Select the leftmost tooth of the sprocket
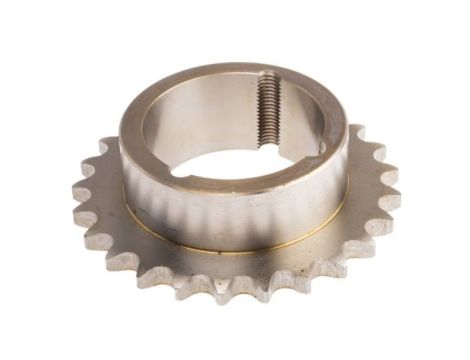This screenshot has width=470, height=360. point(81,190)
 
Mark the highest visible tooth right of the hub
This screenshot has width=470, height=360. point(357,131)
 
